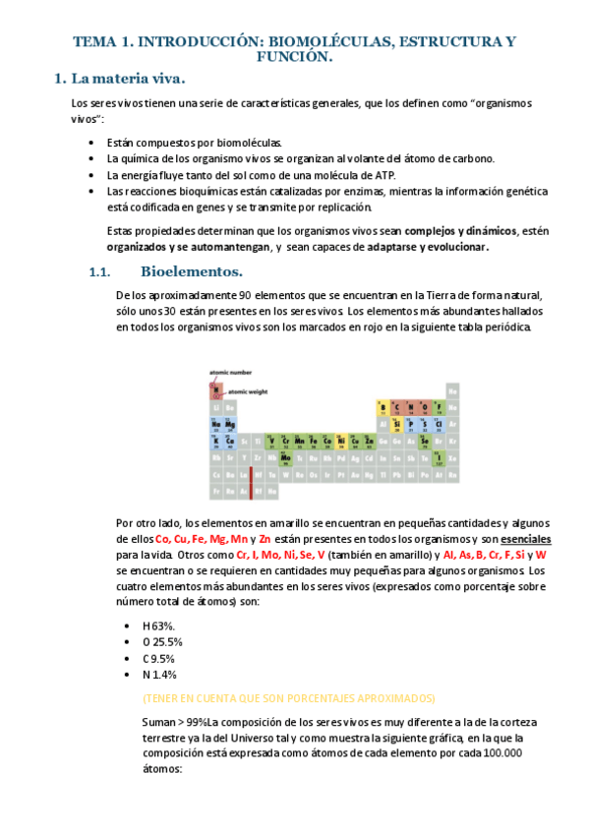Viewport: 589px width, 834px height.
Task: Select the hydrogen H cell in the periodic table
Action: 215,390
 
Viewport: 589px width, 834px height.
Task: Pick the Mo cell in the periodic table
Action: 285,457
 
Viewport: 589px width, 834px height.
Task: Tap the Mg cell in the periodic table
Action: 230,423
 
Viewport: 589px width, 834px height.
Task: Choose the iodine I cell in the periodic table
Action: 439,456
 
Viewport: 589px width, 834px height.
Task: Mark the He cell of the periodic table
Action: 452,390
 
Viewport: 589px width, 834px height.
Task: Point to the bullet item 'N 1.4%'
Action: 159,675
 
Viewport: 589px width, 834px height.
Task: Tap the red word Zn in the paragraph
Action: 265,540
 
